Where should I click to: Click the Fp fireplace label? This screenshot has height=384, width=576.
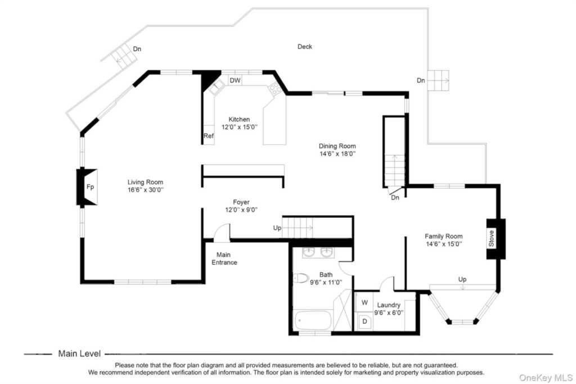90,187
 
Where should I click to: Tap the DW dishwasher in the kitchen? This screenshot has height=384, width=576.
235,80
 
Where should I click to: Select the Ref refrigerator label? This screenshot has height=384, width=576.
208,136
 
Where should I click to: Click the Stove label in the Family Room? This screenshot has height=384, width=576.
492,238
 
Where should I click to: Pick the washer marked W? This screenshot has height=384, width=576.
364,302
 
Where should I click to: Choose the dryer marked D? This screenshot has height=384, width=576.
364,322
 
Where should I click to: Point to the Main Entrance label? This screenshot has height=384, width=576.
224,259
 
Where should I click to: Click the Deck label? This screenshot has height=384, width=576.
305,47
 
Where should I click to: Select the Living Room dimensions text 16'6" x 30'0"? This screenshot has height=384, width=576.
146,190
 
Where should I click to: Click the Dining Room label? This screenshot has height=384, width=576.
337,146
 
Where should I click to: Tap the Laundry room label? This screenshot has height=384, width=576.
389,305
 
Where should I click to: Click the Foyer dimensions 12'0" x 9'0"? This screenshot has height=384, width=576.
241,210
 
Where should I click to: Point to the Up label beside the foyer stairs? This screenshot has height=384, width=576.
277,228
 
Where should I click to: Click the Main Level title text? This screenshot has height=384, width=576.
79,354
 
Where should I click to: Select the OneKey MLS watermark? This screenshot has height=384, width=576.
546,377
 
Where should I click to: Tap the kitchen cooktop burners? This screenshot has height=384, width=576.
274,89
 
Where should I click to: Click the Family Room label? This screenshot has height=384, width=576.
444,237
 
